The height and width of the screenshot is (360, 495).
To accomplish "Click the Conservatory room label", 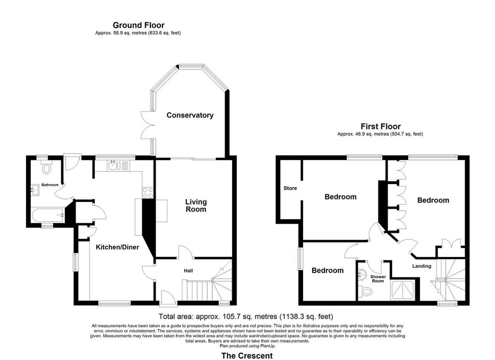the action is point(189,115).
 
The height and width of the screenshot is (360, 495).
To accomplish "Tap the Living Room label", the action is point(196,205).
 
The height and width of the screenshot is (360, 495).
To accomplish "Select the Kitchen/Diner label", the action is point(117,247).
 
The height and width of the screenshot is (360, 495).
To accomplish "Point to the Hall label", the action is point(189,271).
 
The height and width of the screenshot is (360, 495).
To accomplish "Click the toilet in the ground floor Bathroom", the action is point(46,167).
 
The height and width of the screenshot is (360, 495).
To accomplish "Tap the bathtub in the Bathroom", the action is point(48,215).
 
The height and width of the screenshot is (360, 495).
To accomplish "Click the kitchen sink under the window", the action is point(118,165).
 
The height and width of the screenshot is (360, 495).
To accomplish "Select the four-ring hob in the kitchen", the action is point(148,193).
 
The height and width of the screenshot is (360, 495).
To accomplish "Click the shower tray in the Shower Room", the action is point(403,290).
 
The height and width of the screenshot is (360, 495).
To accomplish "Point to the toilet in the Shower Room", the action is point(365,290).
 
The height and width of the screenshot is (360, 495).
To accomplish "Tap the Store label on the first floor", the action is point(290,188).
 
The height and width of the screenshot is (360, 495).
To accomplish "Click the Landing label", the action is point(422,266).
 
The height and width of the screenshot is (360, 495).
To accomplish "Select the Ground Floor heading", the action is point(139,25).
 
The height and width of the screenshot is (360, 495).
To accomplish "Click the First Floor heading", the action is point(381,127).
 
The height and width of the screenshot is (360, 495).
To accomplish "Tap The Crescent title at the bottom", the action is point(247,356).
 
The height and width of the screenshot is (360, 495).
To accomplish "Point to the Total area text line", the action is point(246,316).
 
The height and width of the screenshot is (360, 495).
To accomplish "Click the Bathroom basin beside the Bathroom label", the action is point(35,190).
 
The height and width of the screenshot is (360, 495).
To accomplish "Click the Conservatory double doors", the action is point(146,125).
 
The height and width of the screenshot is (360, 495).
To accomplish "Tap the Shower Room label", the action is point(378,279).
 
